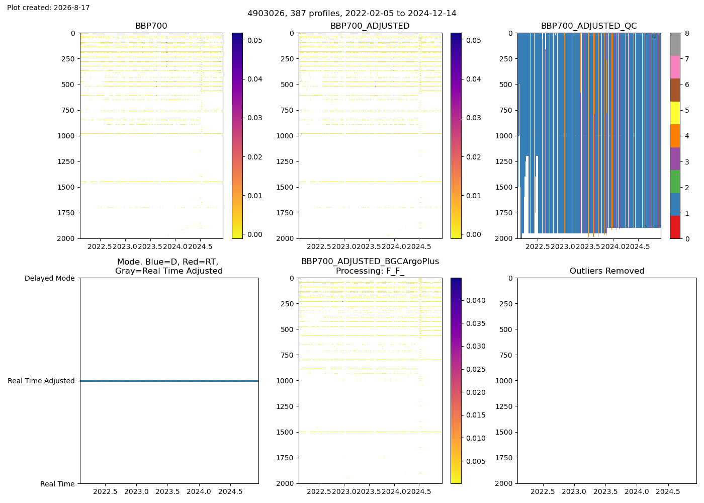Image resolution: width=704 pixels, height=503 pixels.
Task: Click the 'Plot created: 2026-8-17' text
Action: click(x=48, y=8)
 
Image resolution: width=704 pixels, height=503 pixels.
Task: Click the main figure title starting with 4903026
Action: click(x=351, y=14)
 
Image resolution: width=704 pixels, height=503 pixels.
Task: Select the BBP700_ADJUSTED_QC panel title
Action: click(x=589, y=26)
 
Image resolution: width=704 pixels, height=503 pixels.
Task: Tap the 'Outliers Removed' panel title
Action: click(x=606, y=271)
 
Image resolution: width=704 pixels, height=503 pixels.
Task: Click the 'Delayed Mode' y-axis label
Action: click(x=50, y=278)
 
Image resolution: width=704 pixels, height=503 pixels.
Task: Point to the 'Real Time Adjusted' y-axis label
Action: click(x=41, y=381)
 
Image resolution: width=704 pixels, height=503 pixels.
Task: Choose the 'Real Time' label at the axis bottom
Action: click(x=57, y=484)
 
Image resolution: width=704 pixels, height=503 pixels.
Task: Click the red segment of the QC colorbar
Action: click(x=675, y=227)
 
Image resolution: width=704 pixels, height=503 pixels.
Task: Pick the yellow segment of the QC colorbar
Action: click(x=675, y=113)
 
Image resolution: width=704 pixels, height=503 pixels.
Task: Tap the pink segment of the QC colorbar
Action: click(x=675, y=67)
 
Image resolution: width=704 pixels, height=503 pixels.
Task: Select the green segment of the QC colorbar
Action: click(x=675, y=182)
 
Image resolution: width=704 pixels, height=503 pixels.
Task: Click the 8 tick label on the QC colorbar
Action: click(x=687, y=33)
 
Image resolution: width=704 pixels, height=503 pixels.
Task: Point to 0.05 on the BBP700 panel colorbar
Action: click(x=254, y=40)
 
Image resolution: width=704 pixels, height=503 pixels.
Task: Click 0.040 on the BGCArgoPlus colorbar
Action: click(x=476, y=301)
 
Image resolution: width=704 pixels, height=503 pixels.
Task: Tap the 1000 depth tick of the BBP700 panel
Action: click(x=66, y=136)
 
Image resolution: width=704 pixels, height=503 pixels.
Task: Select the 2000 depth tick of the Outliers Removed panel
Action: click(x=504, y=483)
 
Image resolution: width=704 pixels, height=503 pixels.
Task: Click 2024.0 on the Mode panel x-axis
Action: click(x=199, y=492)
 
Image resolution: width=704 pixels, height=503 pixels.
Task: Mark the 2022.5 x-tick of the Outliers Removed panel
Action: click(x=543, y=492)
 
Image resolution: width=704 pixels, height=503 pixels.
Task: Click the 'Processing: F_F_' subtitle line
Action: click(x=370, y=271)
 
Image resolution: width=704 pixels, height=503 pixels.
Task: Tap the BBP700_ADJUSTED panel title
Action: click(x=370, y=26)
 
